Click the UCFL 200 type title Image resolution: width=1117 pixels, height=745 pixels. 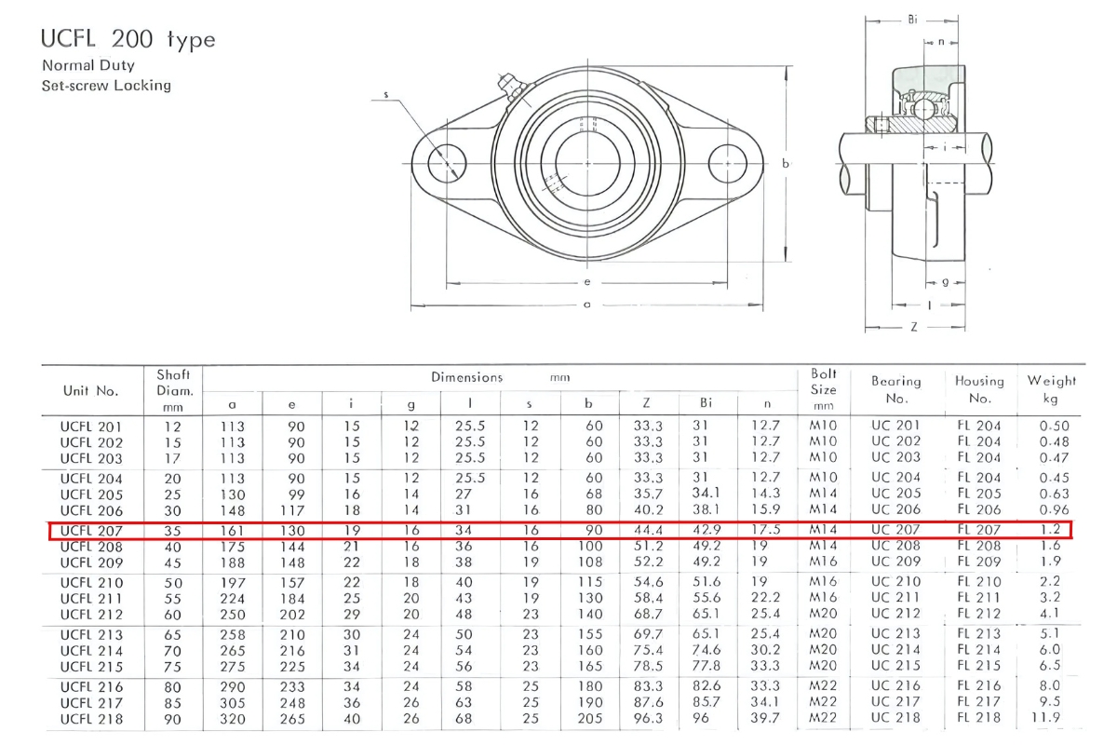click(x=128, y=40)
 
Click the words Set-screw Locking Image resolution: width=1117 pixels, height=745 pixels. click(x=106, y=86)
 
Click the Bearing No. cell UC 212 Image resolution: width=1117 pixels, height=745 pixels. click(x=895, y=614)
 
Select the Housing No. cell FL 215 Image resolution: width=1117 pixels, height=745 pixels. click(x=978, y=666)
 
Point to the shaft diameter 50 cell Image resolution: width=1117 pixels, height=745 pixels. click(x=173, y=582)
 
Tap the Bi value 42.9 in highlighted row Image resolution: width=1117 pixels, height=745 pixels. click(x=711, y=530)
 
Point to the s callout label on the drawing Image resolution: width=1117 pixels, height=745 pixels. click(x=385, y=95)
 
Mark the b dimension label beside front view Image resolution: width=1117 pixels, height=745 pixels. click(x=787, y=164)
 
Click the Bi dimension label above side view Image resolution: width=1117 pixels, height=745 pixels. click(x=911, y=19)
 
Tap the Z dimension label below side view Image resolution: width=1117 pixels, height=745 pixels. click(x=914, y=328)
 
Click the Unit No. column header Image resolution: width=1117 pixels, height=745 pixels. click(x=90, y=390)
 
